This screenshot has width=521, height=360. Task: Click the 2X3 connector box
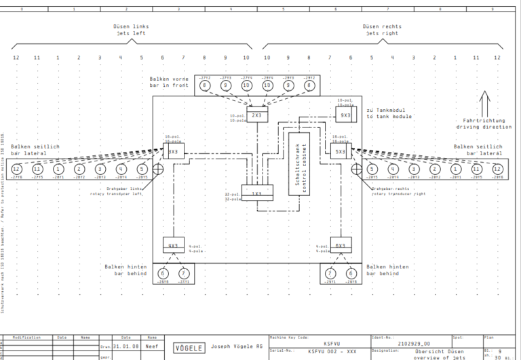pyautogui.click(x=256, y=116)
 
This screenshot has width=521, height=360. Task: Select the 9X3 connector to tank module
pyautogui.click(x=345, y=116)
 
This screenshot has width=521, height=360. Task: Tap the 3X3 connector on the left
pyautogui.click(x=174, y=152)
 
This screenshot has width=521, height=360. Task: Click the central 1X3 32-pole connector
pyautogui.click(x=257, y=194)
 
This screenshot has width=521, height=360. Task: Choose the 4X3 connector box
pyautogui.click(x=174, y=245)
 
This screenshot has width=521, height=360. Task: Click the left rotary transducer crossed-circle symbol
pyautogui.click(x=158, y=169)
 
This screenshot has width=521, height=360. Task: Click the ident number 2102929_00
pyautogui.click(x=413, y=343)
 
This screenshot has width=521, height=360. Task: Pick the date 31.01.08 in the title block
pyautogui.click(x=126, y=344)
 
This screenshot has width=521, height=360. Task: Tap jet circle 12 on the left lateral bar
pyautogui.click(x=16, y=169)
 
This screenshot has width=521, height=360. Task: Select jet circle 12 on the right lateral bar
pyautogui.click(x=497, y=169)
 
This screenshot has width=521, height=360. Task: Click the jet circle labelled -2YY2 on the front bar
pyautogui.click(x=205, y=86)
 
